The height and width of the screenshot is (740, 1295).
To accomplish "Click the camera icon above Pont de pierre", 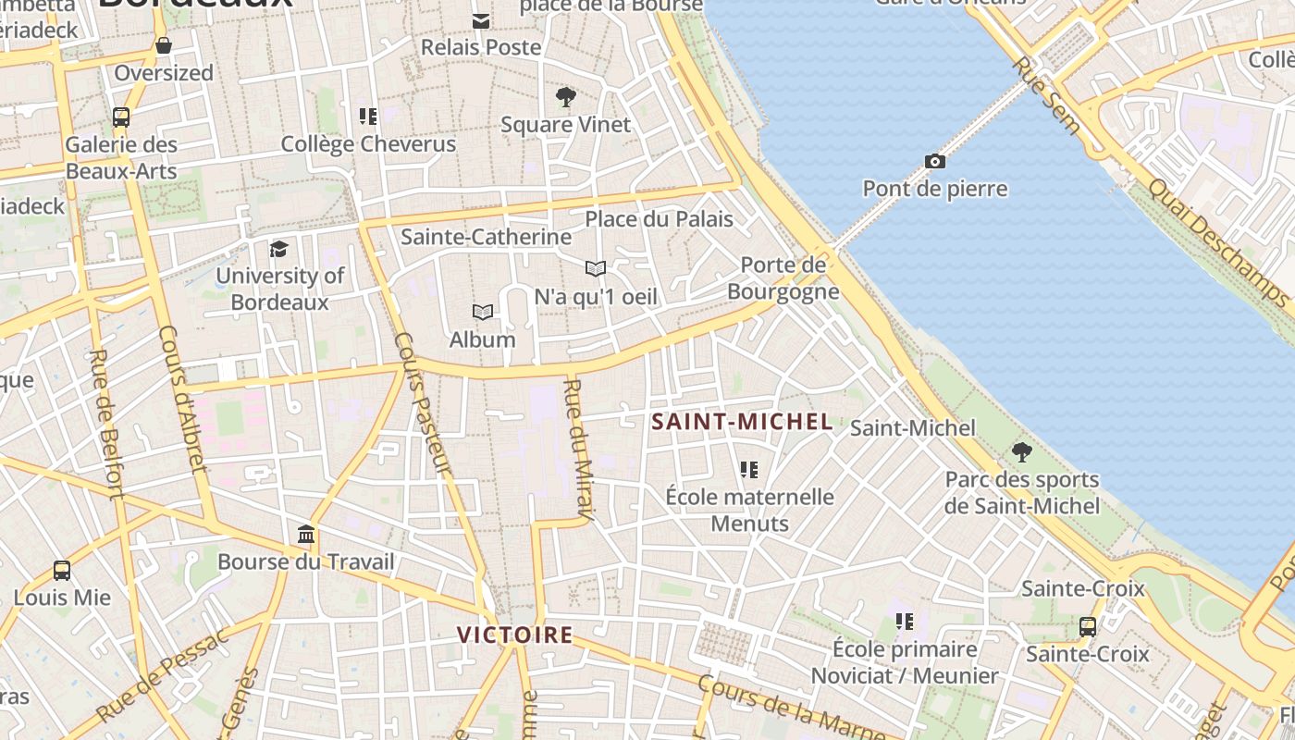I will pyautogui.click(x=935, y=162).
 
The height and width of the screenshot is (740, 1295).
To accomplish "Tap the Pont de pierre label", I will pyautogui.click(x=935, y=189).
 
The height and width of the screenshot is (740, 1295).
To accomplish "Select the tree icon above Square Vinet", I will pyautogui.click(x=565, y=97).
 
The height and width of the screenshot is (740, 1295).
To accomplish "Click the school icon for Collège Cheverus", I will pyautogui.click(x=368, y=117).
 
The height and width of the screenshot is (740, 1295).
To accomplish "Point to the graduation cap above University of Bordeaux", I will pyautogui.click(x=278, y=249).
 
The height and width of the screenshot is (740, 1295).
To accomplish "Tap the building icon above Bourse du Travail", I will pyautogui.click(x=306, y=535).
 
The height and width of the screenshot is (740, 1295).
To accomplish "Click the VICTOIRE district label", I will pyautogui.click(x=515, y=635).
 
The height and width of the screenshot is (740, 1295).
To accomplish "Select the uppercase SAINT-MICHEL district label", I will pyautogui.click(x=742, y=423).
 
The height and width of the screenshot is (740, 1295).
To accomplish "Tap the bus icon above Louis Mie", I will pyautogui.click(x=62, y=571).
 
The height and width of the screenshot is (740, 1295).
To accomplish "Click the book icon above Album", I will pyautogui.click(x=482, y=313).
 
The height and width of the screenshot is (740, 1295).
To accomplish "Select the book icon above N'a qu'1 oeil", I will pyautogui.click(x=596, y=269).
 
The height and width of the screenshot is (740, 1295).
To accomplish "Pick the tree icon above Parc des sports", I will pyautogui.click(x=1021, y=452).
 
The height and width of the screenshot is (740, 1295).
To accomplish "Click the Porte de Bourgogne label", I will pyautogui.click(x=783, y=278).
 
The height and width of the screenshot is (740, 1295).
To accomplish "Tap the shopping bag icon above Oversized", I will pyautogui.click(x=164, y=45).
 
